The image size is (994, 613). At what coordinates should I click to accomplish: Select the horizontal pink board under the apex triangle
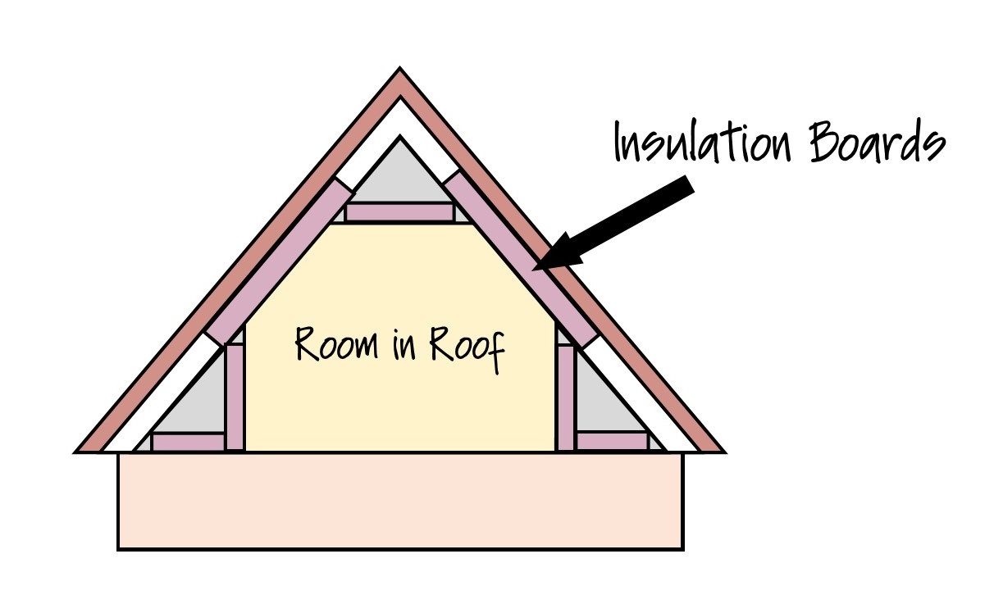coord(399,213)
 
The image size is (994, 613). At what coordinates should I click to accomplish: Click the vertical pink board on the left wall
coord(235,397)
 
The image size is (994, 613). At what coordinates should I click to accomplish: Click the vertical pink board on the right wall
coord(565,397)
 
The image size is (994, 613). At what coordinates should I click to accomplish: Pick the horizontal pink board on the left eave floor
coord(188,443)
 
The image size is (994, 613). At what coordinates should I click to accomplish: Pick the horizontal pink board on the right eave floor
coord(612,443)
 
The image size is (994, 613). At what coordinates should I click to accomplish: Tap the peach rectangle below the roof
coord(400,500)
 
